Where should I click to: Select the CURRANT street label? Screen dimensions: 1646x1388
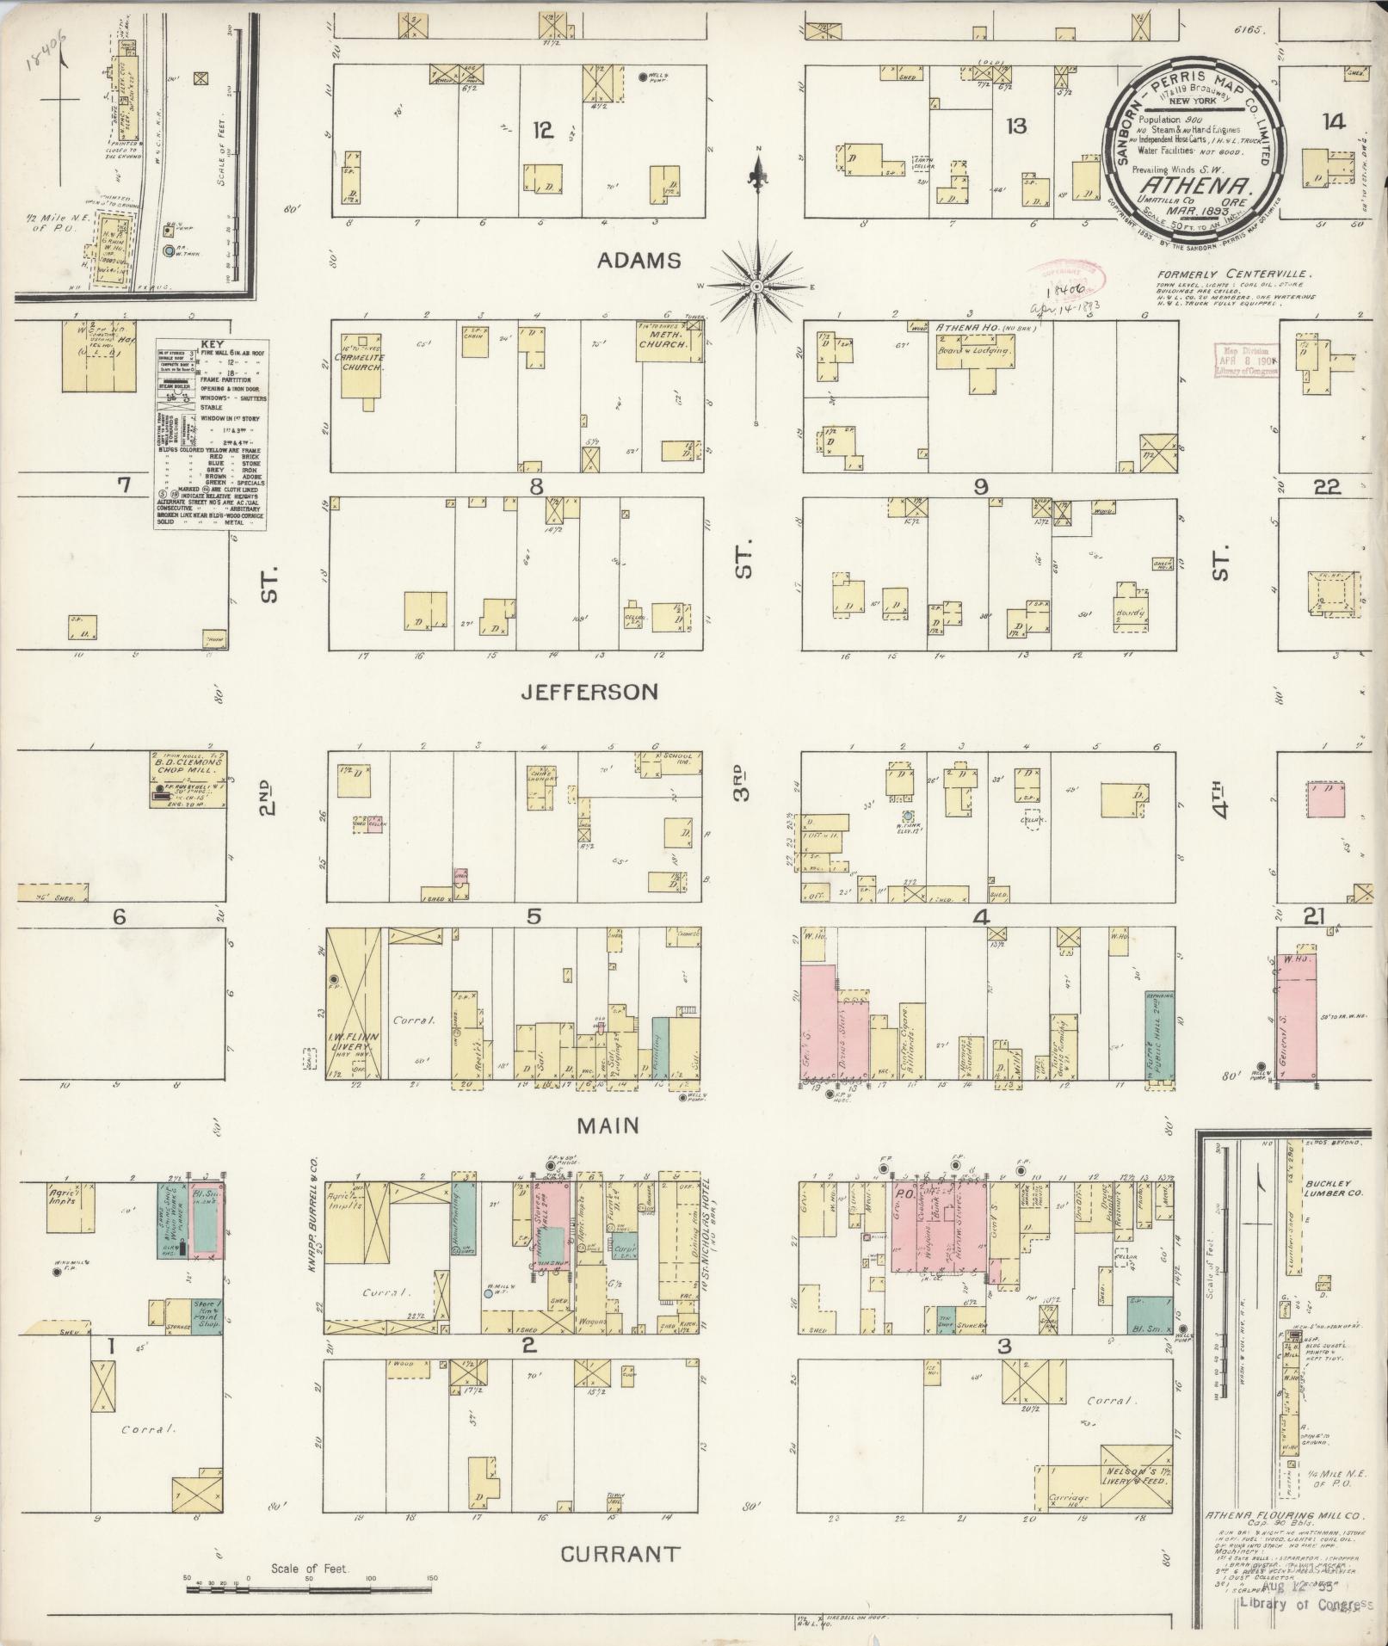click(x=620, y=1554)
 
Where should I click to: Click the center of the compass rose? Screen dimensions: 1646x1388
click(x=757, y=286)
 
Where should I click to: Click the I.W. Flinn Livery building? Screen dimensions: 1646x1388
click(x=354, y=1003)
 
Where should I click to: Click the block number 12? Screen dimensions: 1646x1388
click(x=542, y=130)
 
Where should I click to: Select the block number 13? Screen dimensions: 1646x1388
click(x=1017, y=126)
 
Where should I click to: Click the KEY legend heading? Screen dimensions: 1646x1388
click(x=212, y=342)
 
